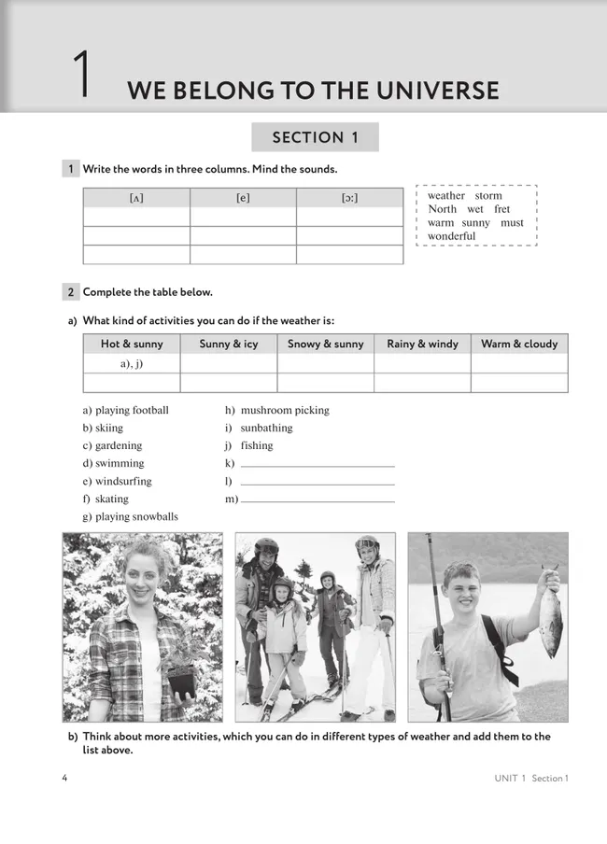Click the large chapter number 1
pos(82,75)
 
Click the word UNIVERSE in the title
pos(431,91)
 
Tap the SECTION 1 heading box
pos(315,137)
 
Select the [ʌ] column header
pos(136,198)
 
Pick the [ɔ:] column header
pos(349,198)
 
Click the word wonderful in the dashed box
pos(452,236)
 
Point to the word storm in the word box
pos(488,196)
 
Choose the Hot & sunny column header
pos(132,344)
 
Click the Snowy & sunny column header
pos(325,344)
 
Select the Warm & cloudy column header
pos(519,344)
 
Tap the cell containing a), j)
pos(132,364)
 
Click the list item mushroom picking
pos(284,410)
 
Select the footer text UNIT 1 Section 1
pos(531,779)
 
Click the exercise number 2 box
pos(71,292)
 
